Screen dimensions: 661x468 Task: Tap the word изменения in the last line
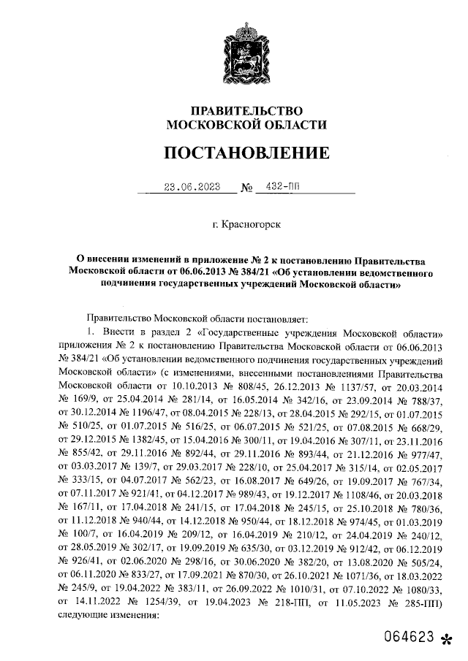click(132, 615)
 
